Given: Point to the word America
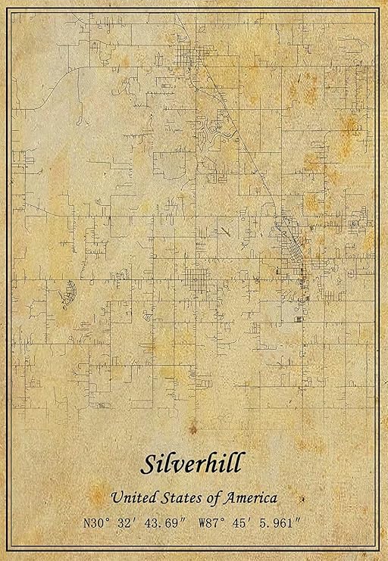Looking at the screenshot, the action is pyautogui.click(x=250, y=497).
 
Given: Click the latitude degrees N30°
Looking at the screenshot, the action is pyautogui.click(x=101, y=522).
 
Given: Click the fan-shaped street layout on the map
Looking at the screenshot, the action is pyautogui.click(x=68, y=293).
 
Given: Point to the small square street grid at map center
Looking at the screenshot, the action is pyautogui.click(x=198, y=280).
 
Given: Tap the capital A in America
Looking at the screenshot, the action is pyautogui.click(x=230, y=497).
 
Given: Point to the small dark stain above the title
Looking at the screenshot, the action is pyautogui.click(x=192, y=429).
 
